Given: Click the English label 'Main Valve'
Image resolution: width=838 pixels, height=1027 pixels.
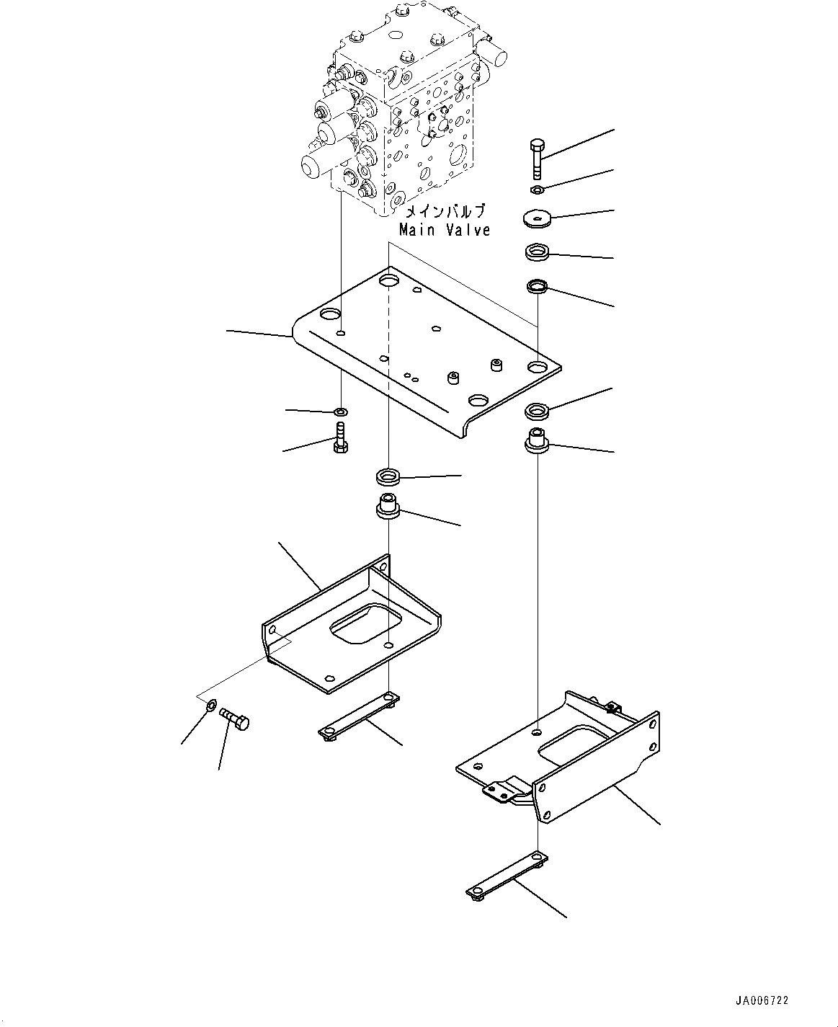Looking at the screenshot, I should pos(445,230).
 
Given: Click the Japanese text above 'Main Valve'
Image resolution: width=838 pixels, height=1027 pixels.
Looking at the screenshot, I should pos(445,212).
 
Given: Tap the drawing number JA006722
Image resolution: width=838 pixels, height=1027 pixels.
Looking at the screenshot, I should pos(762,1000).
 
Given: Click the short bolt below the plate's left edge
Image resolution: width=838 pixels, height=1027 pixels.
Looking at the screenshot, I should pos(340,437).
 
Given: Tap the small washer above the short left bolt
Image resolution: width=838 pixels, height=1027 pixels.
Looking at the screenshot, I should pos(341,412).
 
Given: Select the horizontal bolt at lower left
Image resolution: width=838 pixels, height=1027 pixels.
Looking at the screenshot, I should pos(233,719).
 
